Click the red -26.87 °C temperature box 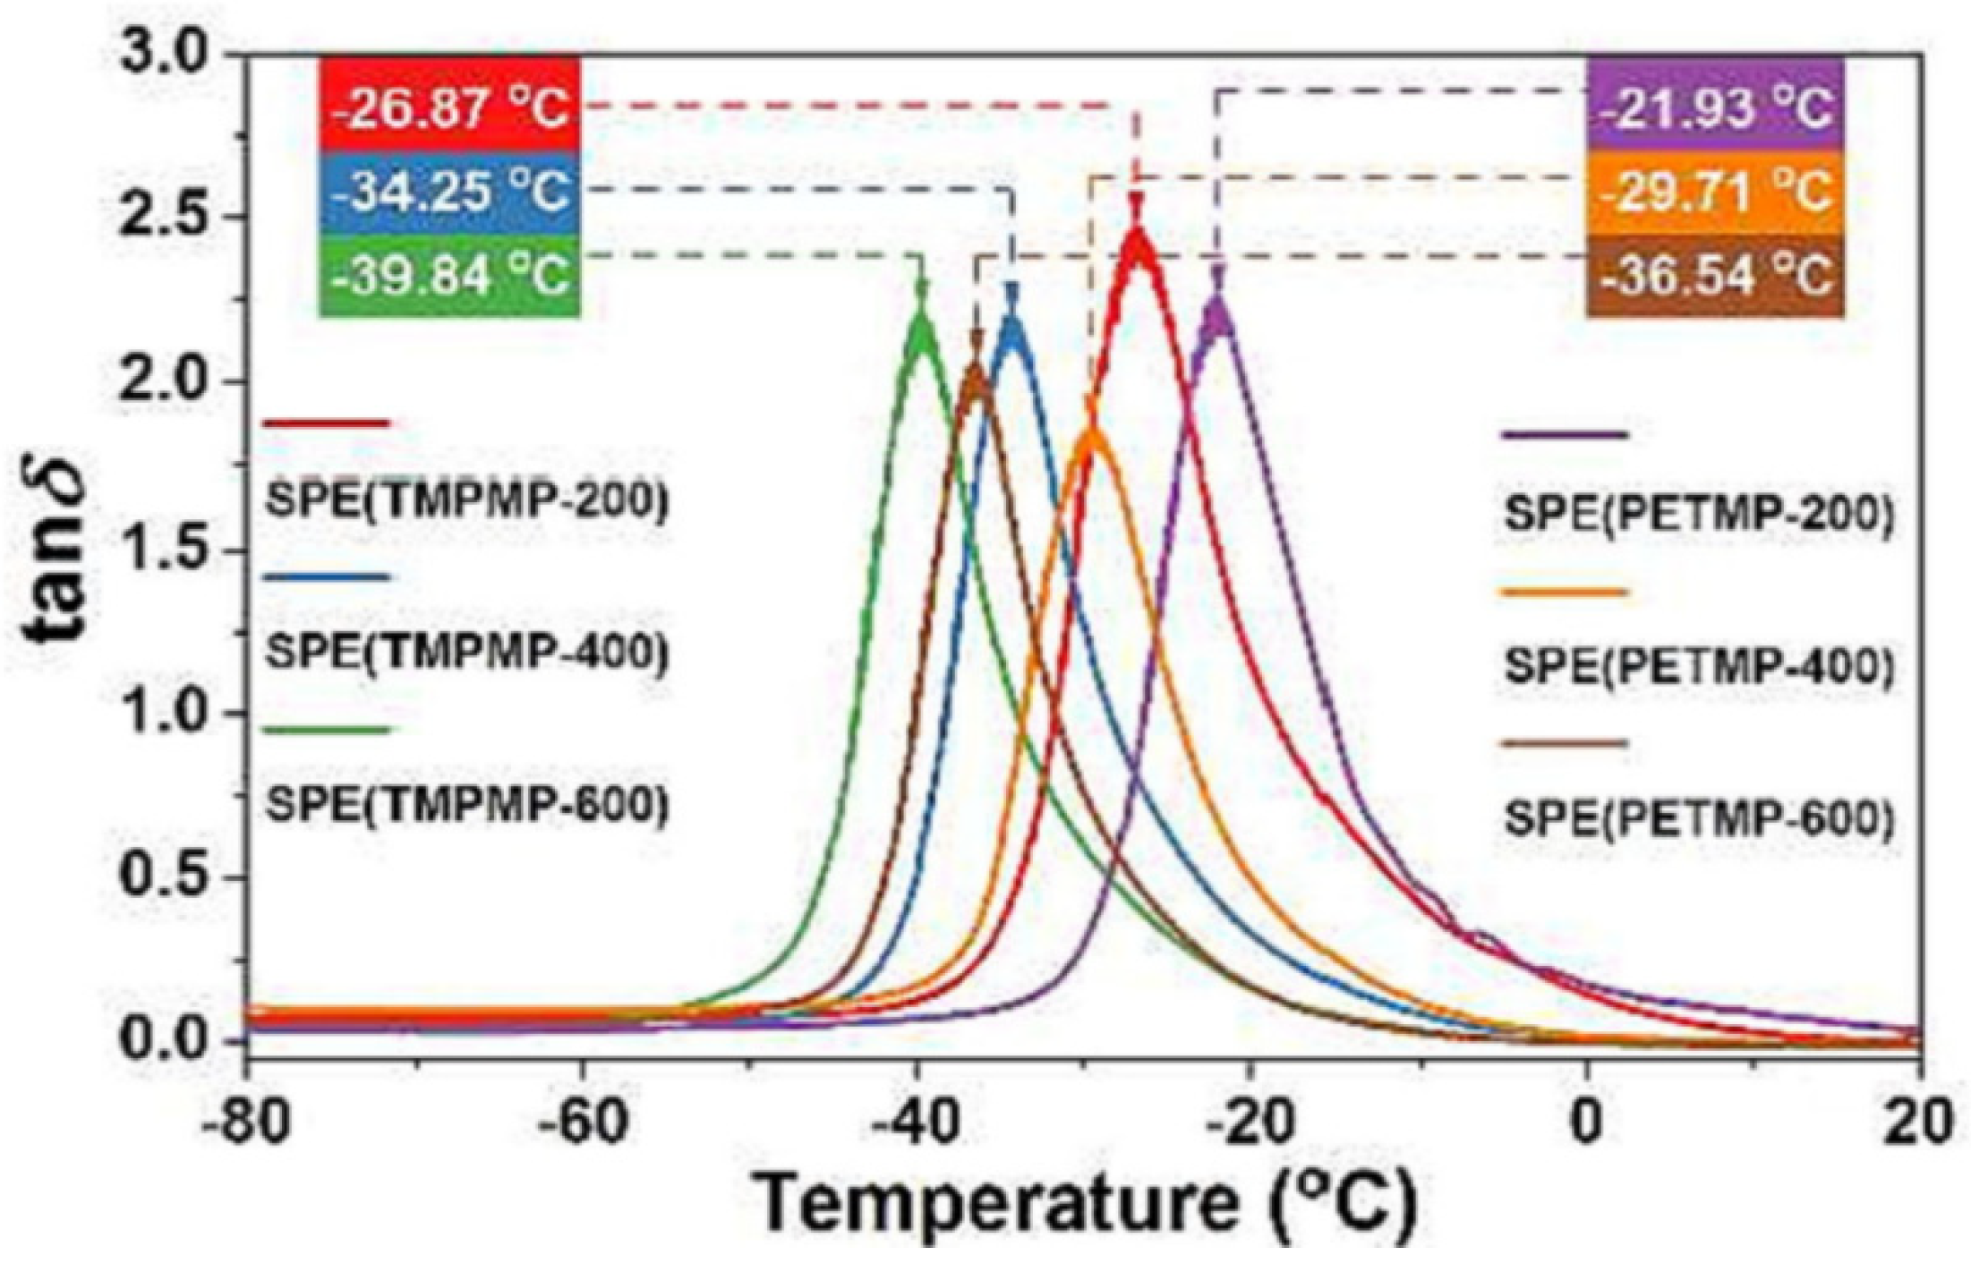click(450, 105)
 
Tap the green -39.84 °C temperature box click(450, 274)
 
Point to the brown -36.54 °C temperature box click(1715, 274)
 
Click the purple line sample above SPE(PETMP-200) click(1563, 435)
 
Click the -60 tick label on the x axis click(582, 1122)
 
